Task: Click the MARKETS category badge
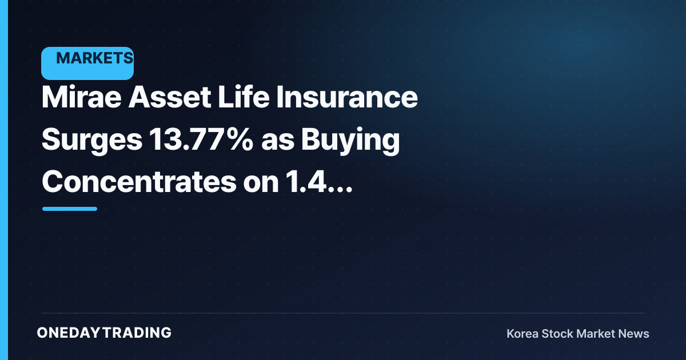coord(87,63)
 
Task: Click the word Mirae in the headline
coord(81,97)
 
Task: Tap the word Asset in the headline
coord(170,97)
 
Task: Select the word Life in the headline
coord(244,97)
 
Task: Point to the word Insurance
coord(347,97)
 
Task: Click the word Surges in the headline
coord(92,140)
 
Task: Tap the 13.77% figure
coord(201,139)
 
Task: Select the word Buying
coord(350,140)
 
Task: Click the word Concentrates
coord(139,182)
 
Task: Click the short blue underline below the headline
coord(70,209)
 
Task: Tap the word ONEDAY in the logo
coord(68,333)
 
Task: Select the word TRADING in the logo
coord(137,333)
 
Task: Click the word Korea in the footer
coord(523,333)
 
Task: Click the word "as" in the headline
coord(278,142)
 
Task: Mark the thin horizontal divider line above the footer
coord(343,313)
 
